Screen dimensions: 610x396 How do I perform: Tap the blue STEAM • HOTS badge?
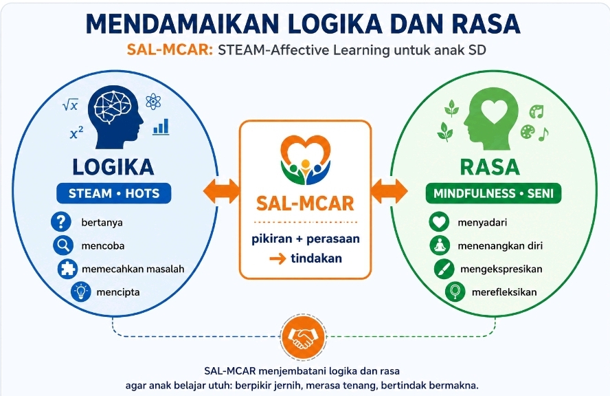point(114,193)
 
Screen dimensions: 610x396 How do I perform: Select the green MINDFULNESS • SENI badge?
point(493,193)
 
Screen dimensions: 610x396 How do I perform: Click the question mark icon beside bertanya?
point(61,222)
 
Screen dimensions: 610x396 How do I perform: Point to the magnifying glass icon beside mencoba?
point(63,245)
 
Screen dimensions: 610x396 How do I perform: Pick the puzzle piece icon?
point(67,269)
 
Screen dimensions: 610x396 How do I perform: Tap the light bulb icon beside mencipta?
point(81,292)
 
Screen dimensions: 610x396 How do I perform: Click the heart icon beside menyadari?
point(439,222)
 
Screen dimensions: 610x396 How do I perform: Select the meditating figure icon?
point(440,245)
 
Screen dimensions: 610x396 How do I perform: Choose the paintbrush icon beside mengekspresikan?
point(444,269)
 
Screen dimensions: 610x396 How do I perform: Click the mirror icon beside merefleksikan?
point(455,292)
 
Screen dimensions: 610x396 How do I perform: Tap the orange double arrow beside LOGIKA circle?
point(221,191)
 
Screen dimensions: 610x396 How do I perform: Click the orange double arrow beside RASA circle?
point(389,191)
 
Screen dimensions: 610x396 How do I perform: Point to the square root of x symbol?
point(71,104)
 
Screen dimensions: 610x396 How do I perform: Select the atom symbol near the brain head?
point(153,101)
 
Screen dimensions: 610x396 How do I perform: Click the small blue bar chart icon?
point(161,126)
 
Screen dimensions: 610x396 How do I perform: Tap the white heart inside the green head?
point(494,110)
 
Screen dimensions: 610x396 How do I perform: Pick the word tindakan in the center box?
point(316,258)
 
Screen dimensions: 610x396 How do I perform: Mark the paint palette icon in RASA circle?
point(528,131)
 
